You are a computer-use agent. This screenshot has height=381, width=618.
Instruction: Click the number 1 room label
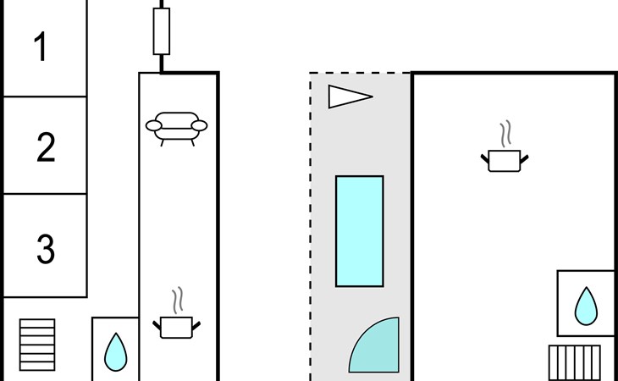click(41, 47)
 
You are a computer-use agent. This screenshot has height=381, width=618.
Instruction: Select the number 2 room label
click(46, 147)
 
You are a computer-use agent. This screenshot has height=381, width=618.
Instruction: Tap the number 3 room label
click(46, 249)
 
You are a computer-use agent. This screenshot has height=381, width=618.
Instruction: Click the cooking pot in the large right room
click(506, 160)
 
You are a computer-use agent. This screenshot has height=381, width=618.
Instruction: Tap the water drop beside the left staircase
click(116, 351)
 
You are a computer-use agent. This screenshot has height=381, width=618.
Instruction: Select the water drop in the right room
click(586, 306)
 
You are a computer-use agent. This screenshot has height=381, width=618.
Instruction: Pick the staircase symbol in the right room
click(575, 362)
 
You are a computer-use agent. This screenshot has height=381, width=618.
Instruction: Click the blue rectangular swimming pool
click(360, 231)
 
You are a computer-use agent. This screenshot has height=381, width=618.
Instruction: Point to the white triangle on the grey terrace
click(347, 97)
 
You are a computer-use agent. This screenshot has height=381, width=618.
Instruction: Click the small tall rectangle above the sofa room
click(161, 31)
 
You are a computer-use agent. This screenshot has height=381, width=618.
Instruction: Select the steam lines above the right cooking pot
click(505, 134)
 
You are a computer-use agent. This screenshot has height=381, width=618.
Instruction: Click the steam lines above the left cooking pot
click(177, 301)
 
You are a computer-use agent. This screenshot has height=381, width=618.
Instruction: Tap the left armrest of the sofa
click(155, 127)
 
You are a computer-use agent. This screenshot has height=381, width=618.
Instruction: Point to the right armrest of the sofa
click(200, 126)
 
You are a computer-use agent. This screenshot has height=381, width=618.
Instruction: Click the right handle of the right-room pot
click(526, 157)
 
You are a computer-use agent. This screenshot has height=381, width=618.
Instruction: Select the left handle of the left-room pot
click(157, 323)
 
